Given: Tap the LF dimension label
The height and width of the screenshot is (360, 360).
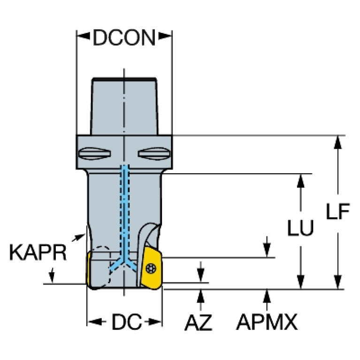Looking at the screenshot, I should pyautogui.click(x=338, y=214).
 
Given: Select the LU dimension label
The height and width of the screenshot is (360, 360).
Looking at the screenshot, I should pyautogui.click(x=301, y=229).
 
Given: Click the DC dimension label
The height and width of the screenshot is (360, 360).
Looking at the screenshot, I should pyautogui.click(x=126, y=322).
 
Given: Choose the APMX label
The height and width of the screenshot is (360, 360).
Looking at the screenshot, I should pyautogui.click(x=267, y=322).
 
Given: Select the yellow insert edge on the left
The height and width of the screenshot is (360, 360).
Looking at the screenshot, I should pyautogui.click(x=88, y=268).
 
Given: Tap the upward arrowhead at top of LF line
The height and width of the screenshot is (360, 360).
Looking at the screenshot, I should pyautogui.click(x=337, y=141).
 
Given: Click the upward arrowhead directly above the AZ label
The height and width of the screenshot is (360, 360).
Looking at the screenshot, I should pyautogui.click(x=201, y=296).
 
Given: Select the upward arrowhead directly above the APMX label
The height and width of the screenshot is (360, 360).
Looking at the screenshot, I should pyautogui.click(x=267, y=296).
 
